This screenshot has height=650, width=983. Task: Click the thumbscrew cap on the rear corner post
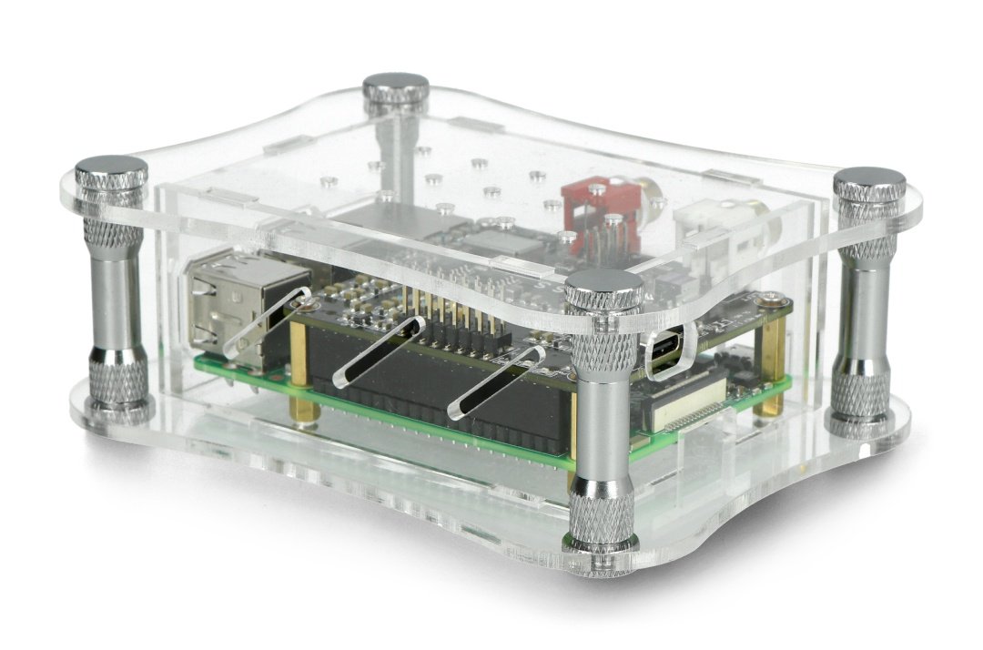point(396,89)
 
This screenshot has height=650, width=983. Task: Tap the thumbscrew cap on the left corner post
point(111,170)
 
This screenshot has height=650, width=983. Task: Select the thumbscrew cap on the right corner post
point(868,182)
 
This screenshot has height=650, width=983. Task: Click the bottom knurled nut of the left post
point(118,387)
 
